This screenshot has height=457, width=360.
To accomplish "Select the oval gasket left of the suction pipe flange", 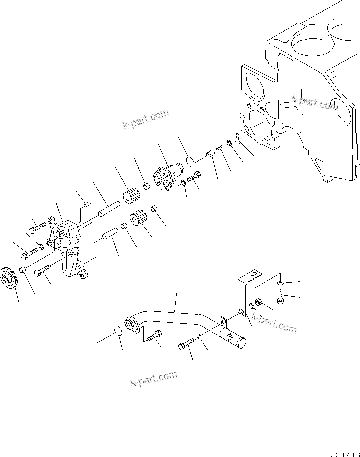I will [116, 333].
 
